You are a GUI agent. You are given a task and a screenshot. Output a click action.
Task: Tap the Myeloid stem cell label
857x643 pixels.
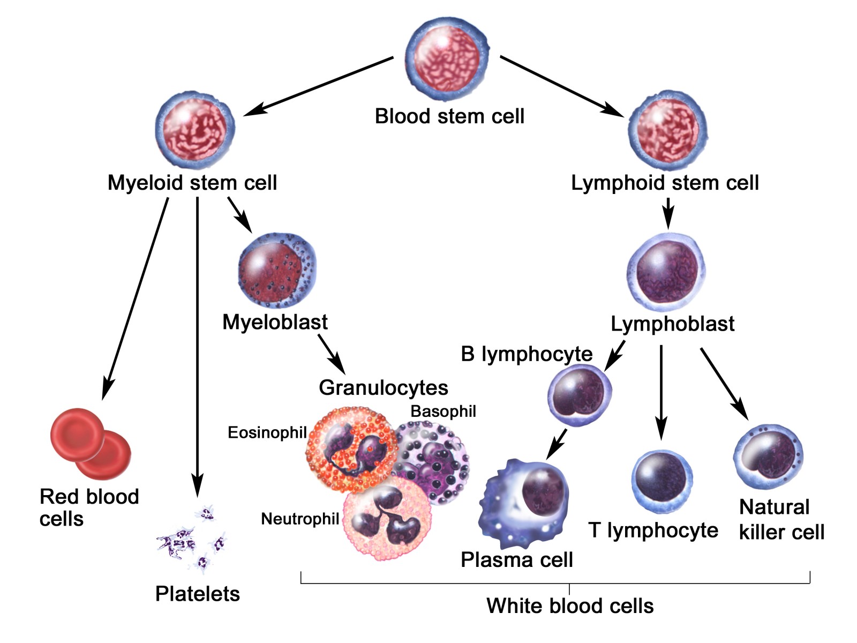192,183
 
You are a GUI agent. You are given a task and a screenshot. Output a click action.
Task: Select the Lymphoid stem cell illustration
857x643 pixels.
667,131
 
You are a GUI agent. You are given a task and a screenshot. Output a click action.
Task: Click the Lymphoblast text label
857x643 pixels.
672,324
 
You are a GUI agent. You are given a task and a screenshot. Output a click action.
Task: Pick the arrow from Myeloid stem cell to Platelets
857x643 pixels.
198,343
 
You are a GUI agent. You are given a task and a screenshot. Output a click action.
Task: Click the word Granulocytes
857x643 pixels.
383,387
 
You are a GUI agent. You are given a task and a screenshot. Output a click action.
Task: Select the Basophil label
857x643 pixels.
443,411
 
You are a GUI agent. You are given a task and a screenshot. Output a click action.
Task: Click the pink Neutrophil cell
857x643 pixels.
387,519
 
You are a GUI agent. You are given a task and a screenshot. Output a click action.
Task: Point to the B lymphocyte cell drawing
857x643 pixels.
579,395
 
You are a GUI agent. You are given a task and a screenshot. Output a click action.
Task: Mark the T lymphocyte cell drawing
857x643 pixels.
661,481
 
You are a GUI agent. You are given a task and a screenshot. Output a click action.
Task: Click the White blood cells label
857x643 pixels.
570,606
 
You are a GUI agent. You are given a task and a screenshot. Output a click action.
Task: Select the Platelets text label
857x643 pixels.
197,594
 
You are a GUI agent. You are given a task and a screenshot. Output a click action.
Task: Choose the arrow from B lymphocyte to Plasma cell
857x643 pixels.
557,444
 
